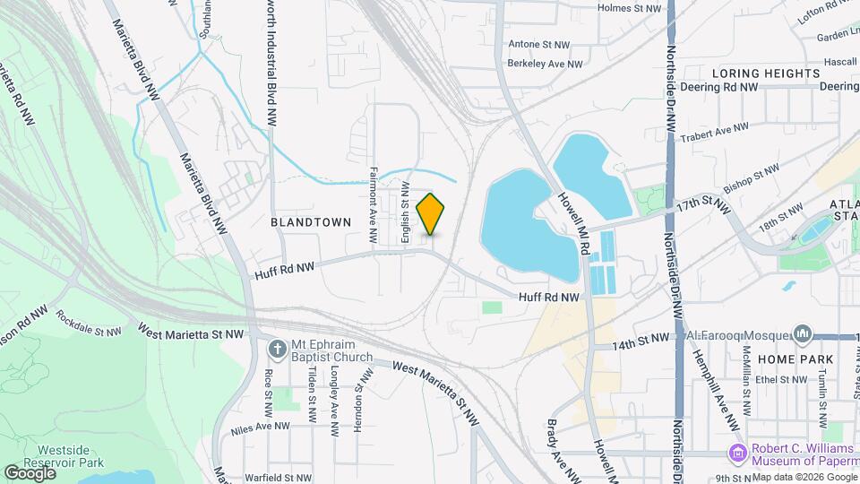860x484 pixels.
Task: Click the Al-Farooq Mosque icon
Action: pos(802,335)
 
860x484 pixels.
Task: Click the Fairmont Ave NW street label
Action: pos(373,205)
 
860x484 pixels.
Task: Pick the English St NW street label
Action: pos(406,213)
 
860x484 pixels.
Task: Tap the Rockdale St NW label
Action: pos(88,324)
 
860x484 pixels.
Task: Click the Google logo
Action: pos(30,472)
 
